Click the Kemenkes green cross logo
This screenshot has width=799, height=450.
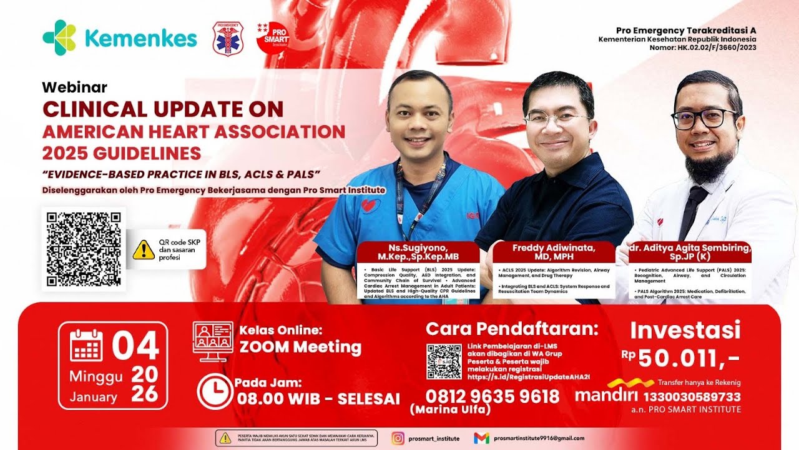tap(59, 37)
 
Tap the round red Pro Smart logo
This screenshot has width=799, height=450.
tap(272, 37)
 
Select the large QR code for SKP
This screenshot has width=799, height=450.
tap(84, 249)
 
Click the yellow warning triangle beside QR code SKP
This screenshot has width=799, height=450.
tap(144, 249)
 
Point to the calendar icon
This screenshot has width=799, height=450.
tap(86, 346)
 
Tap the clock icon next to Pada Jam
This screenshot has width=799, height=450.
tap(214, 392)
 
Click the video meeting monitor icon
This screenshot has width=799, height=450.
tap(212, 341)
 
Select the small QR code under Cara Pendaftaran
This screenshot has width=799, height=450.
tap(444, 361)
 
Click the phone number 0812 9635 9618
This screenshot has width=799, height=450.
tap(493, 396)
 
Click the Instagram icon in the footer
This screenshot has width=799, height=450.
tap(398, 438)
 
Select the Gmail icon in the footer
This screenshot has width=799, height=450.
tap(481, 438)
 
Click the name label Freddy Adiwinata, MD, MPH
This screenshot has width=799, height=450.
tap(554, 252)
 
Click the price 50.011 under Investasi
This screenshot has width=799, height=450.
tap(681, 358)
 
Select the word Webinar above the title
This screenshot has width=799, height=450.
tap(74, 87)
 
